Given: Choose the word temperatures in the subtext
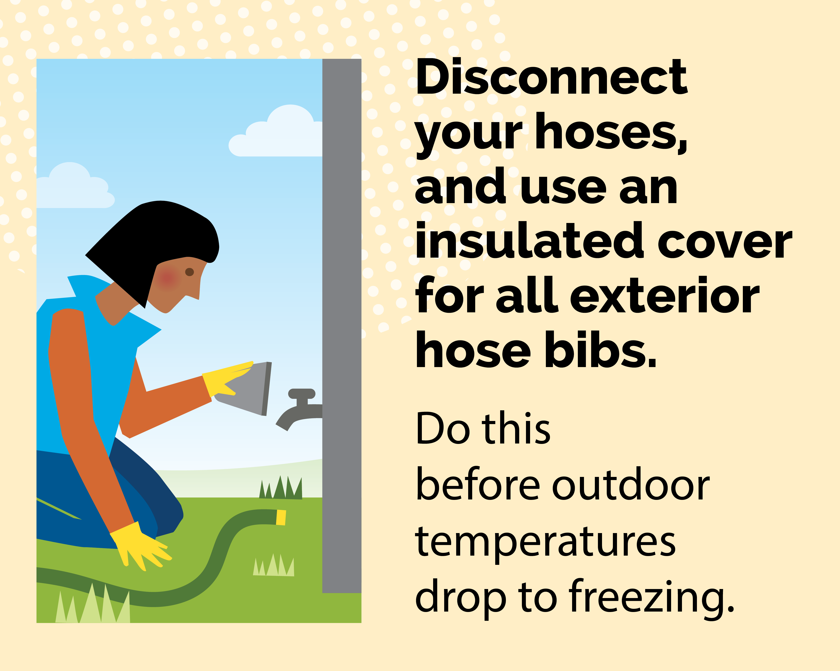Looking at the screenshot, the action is (x=545, y=542).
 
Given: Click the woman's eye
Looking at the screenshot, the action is (x=189, y=272).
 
